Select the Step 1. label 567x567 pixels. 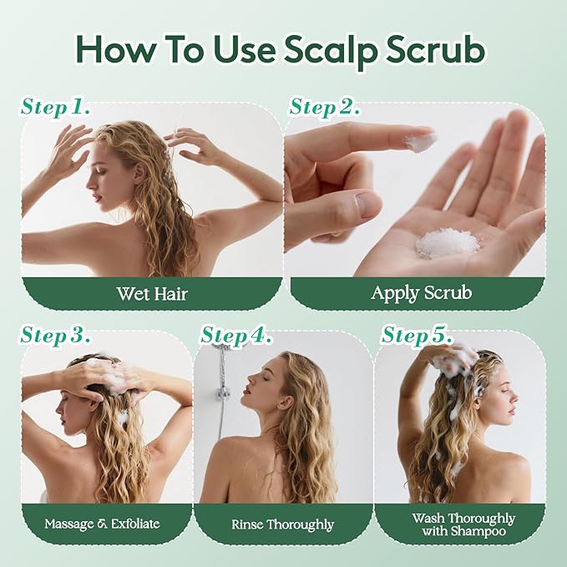(x=56, y=108)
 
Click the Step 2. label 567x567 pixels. (x=324, y=108)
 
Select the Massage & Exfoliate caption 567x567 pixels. (x=103, y=524)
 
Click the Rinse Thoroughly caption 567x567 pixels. (x=282, y=524)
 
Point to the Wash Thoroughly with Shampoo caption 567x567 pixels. (x=463, y=524)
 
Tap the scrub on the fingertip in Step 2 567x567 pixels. (x=419, y=140)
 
